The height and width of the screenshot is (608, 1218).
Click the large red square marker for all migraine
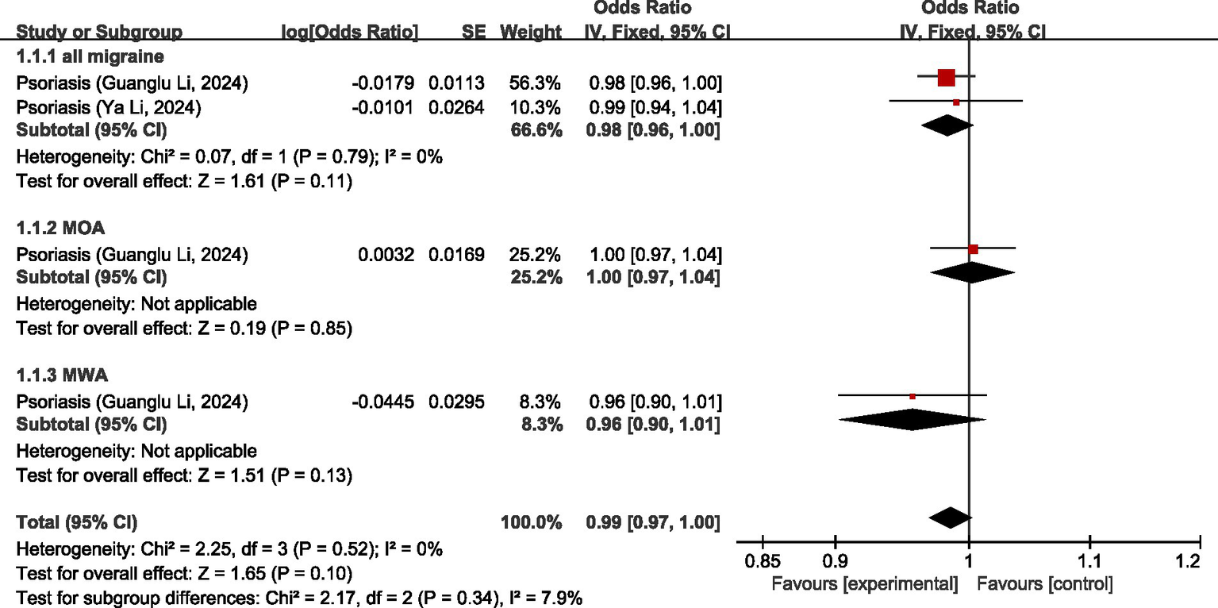tap(946, 78)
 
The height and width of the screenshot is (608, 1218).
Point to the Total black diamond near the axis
tap(950, 518)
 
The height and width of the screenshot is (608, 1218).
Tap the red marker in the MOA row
tap(974, 249)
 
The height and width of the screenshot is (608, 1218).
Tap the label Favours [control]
tap(1045, 586)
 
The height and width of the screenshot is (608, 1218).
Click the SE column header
tap(473, 33)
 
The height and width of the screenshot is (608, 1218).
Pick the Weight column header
tap(531, 33)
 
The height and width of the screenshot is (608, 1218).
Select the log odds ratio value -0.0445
tap(385, 402)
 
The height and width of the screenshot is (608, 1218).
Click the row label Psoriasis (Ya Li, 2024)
tap(109, 107)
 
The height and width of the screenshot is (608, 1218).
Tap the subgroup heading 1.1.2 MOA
tap(61, 228)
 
